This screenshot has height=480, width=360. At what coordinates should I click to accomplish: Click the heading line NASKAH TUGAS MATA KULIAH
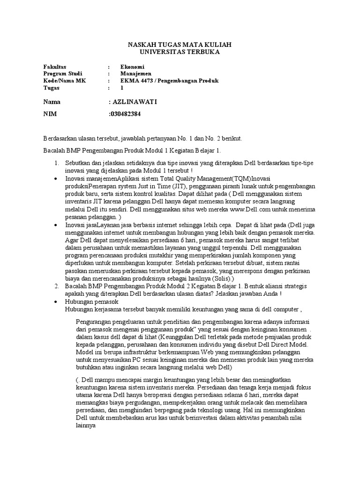click(180, 44)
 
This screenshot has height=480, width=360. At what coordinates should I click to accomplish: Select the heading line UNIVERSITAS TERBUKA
click(180, 52)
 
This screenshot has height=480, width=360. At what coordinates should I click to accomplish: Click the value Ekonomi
click(133, 67)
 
